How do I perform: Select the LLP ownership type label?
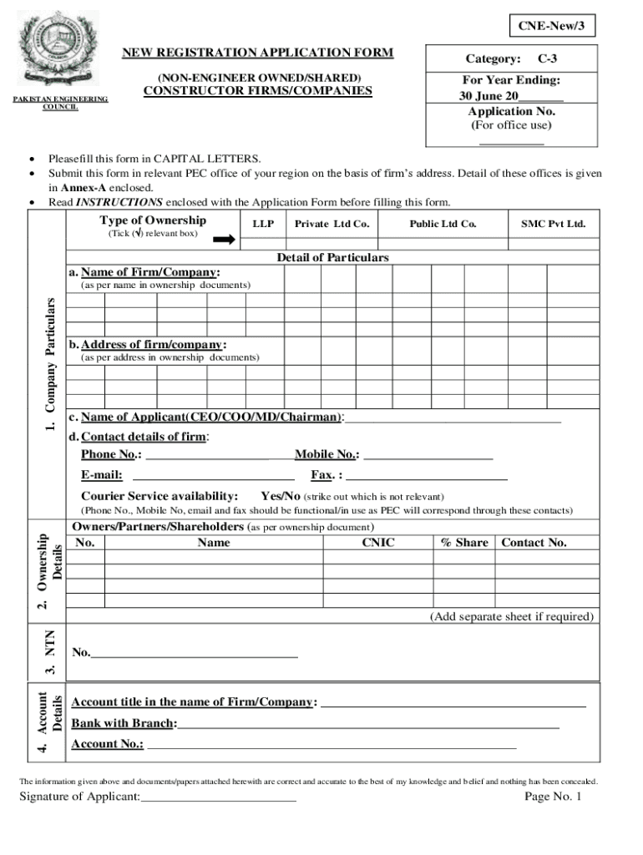coord(263,224)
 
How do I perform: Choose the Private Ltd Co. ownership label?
coord(332,224)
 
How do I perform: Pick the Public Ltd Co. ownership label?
coord(443,224)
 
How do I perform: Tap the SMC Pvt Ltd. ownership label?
coord(553,224)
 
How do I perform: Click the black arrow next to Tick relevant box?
coord(223,240)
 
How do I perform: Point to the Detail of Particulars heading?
coord(332,257)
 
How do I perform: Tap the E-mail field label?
coord(102,475)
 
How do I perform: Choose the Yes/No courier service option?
coord(280,495)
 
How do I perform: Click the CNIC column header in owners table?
coord(377,543)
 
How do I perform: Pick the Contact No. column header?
coord(534,543)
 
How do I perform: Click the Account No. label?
coord(107,744)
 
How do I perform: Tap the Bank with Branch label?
coord(124,723)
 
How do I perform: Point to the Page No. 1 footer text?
coord(552,797)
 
